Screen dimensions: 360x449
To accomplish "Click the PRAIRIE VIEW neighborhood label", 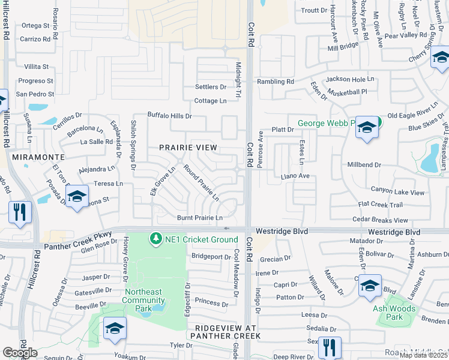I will [188, 147].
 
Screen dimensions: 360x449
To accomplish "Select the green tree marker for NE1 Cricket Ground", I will [156, 239].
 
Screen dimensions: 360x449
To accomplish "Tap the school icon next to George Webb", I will [367, 127].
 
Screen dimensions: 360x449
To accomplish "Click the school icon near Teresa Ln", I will [77, 196].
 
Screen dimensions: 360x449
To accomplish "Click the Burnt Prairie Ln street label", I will [199, 217].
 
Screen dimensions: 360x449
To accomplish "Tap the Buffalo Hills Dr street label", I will [170, 115].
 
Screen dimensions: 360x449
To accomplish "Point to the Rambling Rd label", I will [276, 82].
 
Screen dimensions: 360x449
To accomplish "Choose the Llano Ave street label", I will [295, 176].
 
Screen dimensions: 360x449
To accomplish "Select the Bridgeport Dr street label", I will [211, 256].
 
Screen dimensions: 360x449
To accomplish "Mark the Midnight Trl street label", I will [238, 82].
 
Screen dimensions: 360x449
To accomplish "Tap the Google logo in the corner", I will [20, 352].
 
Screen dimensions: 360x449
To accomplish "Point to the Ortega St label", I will [35, 25].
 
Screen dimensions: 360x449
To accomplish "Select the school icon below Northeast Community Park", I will [115, 328].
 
